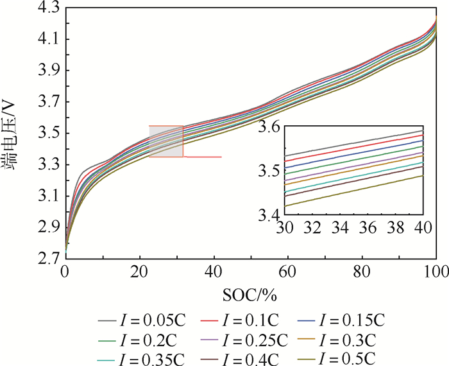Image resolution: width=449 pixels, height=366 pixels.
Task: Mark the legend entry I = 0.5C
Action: [353, 357]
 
